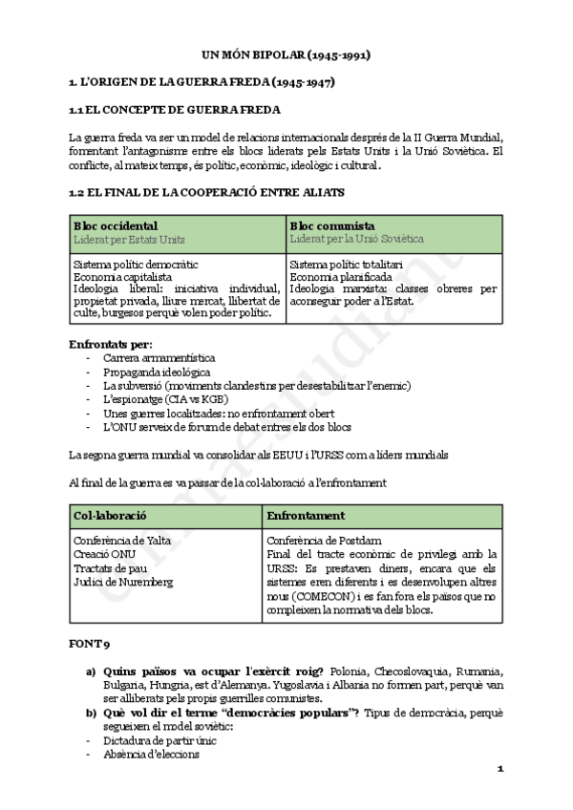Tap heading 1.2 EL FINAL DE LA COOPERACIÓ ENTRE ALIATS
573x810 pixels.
click(x=207, y=192)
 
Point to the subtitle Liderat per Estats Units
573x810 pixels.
click(x=129, y=239)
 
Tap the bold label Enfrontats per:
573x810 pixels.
click(x=111, y=344)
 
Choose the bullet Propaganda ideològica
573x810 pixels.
click(x=158, y=372)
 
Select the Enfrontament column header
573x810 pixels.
click(x=307, y=516)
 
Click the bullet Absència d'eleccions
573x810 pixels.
click(x=151, y=755)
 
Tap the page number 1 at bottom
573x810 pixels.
click(x=499, y=770)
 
